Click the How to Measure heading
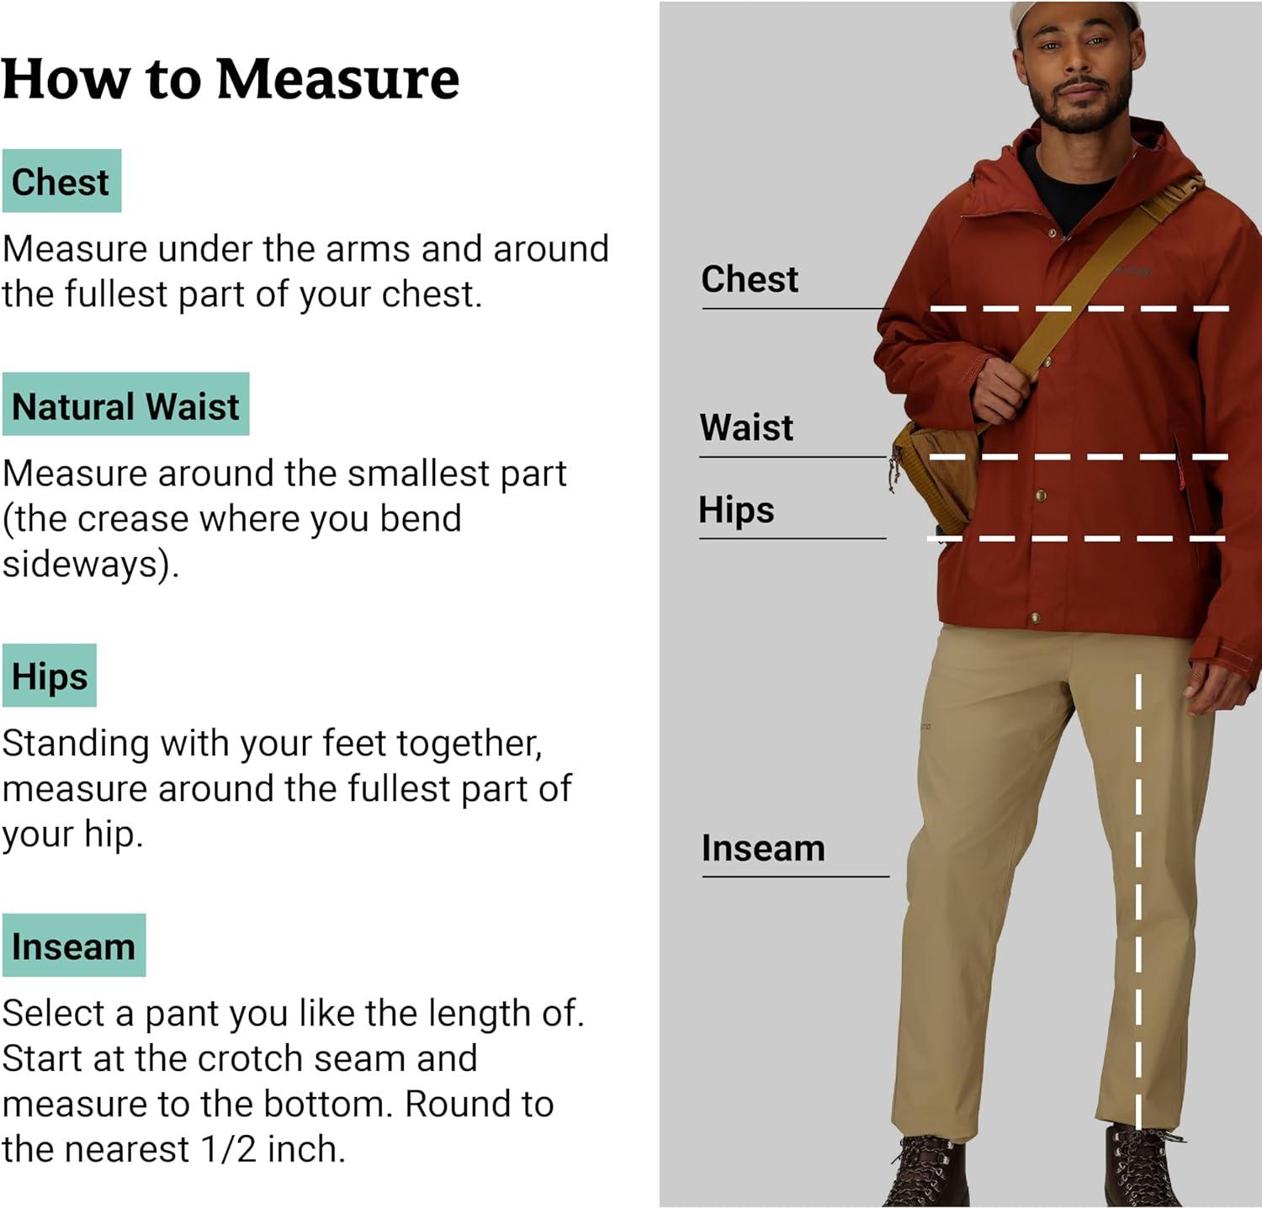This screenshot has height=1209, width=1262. coord(231,79)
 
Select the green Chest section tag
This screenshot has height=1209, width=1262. coord(61,181)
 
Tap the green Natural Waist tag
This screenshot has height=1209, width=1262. coord(125,404)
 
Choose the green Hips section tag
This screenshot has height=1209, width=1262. coord(50,676)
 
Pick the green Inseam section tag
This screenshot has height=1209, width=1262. coord(74,945)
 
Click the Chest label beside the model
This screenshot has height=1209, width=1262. coord(750,279)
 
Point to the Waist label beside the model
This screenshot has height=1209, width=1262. coord(746,427)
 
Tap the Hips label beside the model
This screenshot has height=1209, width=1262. coord(736,510)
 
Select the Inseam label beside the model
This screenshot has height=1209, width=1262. coord(763,848)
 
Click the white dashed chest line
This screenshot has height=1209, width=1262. coord(1079,309)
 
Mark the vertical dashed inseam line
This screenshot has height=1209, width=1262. coord(1138,900)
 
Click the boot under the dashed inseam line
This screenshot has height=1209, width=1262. coord(1143,1167)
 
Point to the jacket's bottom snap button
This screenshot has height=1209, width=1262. coord(1035,619)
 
